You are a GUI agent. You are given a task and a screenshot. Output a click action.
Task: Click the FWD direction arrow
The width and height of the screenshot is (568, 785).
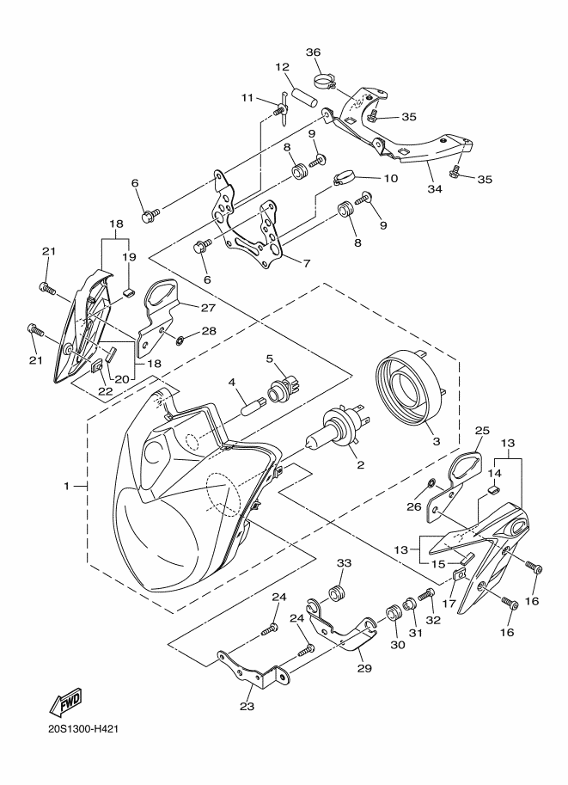(x=64, y=703)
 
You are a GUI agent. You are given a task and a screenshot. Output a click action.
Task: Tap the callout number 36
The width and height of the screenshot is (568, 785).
(x=314, y=52)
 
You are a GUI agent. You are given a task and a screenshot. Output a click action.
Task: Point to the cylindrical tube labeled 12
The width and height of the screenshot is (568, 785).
(x=304, y=96)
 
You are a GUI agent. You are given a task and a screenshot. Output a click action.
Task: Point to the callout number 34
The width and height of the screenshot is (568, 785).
(x=435, y=189)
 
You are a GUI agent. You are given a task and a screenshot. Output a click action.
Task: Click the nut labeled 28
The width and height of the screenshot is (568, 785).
(x=179, y=341)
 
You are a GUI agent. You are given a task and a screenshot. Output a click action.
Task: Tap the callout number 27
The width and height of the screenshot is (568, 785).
(x=208, y=308)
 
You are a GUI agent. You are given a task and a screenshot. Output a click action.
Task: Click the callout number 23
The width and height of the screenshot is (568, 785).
(x=247, y=707)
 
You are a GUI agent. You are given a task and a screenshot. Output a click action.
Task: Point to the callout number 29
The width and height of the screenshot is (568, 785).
(x=365, y=668)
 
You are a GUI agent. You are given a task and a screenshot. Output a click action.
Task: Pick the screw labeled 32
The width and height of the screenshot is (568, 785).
(x=427, y=595)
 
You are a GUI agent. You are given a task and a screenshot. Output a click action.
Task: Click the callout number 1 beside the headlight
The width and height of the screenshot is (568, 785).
(x=66, y=486)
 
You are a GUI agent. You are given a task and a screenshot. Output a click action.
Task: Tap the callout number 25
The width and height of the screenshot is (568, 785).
(x=481, y=430)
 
